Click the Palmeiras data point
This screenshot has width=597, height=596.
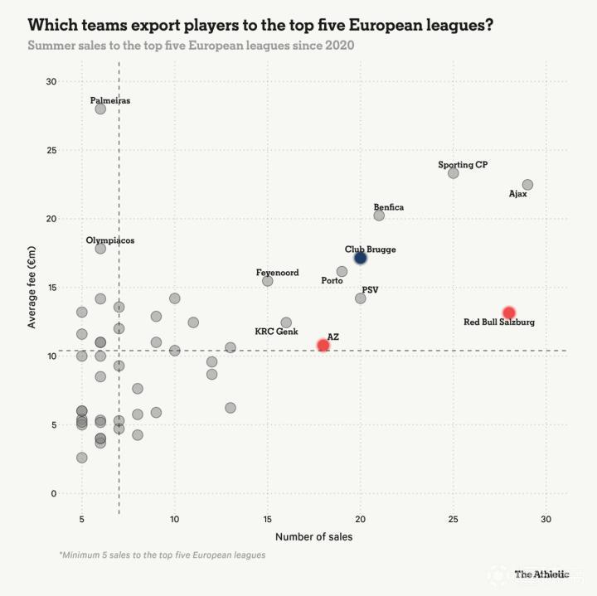coord(100,109)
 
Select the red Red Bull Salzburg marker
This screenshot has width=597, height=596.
coord(509,313)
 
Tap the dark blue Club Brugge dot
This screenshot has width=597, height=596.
coord(360,259)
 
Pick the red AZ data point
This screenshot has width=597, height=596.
coord(323,345)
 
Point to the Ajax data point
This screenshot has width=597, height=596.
coord(527,185)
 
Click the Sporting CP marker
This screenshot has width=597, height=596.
coord(453,173)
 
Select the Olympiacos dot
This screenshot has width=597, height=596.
coord(100,249)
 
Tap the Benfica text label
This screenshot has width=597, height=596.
coord(389,207)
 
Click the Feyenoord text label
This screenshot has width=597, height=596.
coord(277,273)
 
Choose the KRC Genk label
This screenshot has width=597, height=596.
coord(276,331)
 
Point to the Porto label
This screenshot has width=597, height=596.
coord(332,280)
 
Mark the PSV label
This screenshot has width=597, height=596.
coord(370,289)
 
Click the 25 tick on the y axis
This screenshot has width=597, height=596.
coord(51,150)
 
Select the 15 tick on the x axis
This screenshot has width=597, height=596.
coord(267,519)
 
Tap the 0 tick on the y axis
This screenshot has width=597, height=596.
coord(54,493)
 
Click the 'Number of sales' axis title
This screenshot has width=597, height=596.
coord(313,536)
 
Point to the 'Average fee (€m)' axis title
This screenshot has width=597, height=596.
coord(32,287)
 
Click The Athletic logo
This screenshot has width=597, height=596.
coord(541,574)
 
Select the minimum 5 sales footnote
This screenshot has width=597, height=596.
coord(163,555)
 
